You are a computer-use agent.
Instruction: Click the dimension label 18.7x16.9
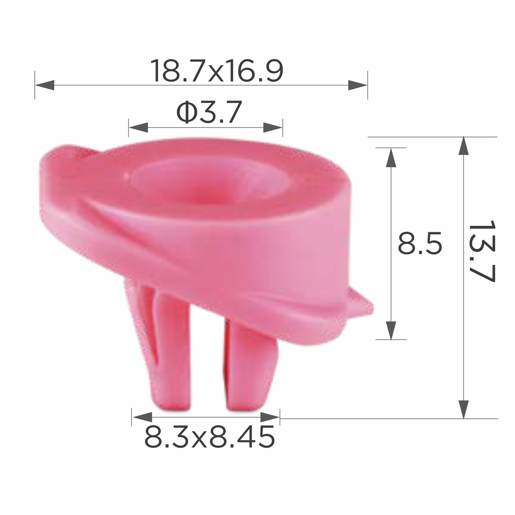(217, 71)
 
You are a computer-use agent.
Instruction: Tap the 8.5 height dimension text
(419, 243)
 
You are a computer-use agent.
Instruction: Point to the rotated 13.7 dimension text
(482, 251)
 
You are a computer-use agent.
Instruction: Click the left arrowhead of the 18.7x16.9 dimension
(45, 85)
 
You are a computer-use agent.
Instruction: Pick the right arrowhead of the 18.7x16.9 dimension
(358, 85)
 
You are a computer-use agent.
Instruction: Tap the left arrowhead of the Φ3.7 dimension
(138, 127)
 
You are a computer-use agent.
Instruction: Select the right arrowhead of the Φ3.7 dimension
(273, 127)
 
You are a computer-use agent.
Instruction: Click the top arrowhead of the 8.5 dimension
(391, 157)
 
